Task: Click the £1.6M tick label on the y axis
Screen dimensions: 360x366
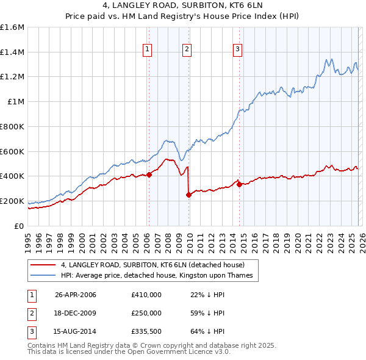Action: [x=12, y=27]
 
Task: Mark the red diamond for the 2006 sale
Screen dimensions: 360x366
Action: [x=149, y=175]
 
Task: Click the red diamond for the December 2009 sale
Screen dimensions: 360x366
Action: [x=188, y=195]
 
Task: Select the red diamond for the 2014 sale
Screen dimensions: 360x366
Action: [x=239, y=184]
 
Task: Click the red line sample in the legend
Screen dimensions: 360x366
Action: [x=43, y=265]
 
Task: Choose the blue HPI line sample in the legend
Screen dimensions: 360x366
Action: [x=43, y=275]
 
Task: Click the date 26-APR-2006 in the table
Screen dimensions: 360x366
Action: [x=76, y=295]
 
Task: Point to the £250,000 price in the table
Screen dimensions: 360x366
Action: [x=146, y=312]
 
